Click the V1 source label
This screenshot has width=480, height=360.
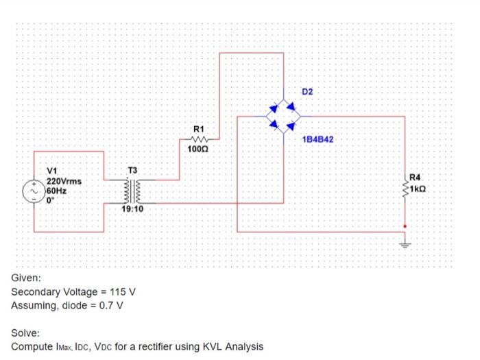coord(52,171)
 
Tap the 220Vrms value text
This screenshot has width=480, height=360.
coord(64,181)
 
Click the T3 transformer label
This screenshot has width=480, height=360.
coord(133,171)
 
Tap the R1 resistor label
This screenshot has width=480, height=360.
coord(199,129)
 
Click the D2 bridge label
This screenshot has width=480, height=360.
coord(307,91)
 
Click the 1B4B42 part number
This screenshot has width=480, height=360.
coord(317,139)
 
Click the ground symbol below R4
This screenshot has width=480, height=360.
coord(405,242)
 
